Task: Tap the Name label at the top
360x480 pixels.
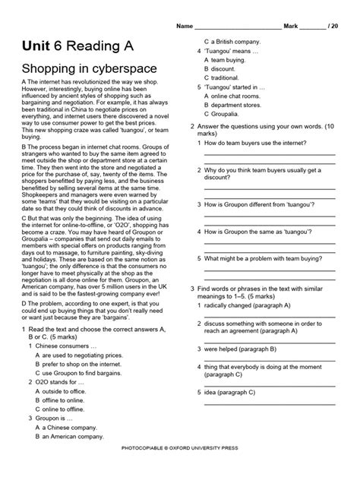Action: (x=185, y=26)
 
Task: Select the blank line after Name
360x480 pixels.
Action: (x=237, y=27)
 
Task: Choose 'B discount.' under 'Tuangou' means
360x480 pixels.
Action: (x=224, y=68)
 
